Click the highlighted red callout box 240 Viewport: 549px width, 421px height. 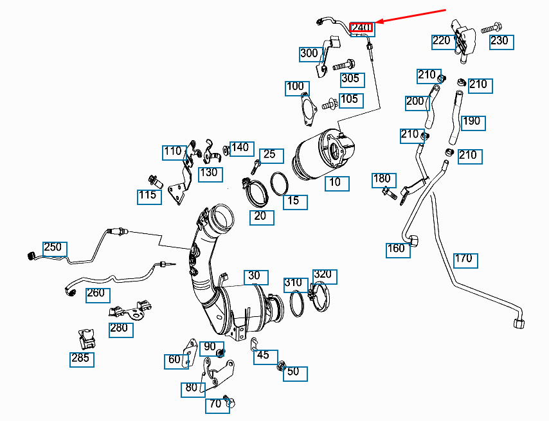[x=361, y=28]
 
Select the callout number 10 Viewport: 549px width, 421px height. [x=335, y=182]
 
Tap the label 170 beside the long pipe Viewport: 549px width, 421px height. [x=464, y=259]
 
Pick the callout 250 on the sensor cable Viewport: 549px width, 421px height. [x=53, y=247]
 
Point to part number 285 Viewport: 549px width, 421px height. [x=81, y=359]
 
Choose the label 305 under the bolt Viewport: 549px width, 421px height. [x=350, y=79]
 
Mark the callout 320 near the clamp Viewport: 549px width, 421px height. [x=323, y=275]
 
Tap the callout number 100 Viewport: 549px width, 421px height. [x=295, y=87]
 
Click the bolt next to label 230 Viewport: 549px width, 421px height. [x=492, y=28]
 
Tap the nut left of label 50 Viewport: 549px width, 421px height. [x=281, y=366]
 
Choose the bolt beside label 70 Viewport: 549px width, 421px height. [x=228, y=400]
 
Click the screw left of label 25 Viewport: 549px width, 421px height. [x=255, y=167]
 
